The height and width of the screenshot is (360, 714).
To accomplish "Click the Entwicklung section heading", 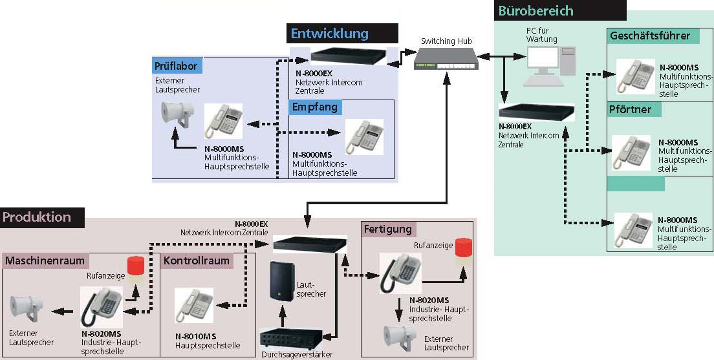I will (329, 34).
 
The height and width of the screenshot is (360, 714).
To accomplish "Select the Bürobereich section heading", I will (535, 11).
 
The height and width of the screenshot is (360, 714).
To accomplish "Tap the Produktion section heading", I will (38, 217).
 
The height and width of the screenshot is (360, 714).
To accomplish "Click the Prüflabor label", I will (175, 66).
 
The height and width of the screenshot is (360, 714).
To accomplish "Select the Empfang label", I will (314, 107).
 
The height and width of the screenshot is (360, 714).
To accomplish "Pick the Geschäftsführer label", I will (650, 36).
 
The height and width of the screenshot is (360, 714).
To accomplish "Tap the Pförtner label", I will (631, 109).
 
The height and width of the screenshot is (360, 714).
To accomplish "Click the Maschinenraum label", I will (45, 261).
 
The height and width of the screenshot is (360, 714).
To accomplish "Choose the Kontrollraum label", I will (197, 261).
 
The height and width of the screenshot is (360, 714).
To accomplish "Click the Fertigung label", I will (388, 229).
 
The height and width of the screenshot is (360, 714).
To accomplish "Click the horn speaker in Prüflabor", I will (175, 115).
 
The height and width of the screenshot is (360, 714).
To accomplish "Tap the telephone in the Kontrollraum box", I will (193, 305).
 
